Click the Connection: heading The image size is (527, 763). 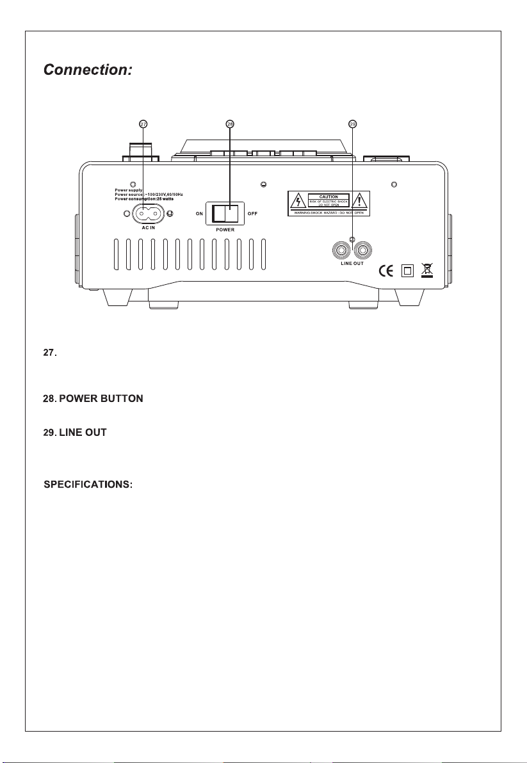(x=87, y=70)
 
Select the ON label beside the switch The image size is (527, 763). (x=199, y=213)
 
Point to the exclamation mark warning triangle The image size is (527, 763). (x=361, y=202)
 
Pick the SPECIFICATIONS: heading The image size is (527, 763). (x=88, y=484)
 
